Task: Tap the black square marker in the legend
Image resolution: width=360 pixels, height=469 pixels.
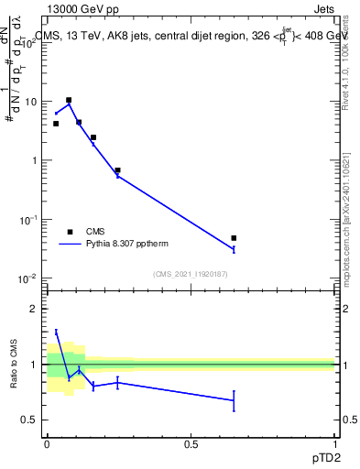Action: click(x=70, y=232)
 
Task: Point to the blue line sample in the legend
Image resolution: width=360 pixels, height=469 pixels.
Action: click(x=70, y=244)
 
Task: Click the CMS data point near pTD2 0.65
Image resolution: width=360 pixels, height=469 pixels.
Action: click(x=234, y=238)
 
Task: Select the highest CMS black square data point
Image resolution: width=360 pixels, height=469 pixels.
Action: click(x=69, y=100)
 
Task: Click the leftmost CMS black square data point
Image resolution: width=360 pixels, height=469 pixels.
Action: click(x=56, y=124)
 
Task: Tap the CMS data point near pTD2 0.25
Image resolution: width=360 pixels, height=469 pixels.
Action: click(x=117, y=170)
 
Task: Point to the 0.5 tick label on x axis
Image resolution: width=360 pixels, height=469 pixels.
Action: click(x=191, y=443)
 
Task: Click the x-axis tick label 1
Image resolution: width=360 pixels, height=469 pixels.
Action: click(x=335, y=443)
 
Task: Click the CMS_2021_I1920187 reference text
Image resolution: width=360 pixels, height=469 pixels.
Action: click(x=191, y=274)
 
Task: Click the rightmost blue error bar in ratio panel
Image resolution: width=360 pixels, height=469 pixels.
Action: click(x=234, y=400)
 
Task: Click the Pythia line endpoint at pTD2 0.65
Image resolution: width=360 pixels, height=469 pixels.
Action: click(x=234, y=249)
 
